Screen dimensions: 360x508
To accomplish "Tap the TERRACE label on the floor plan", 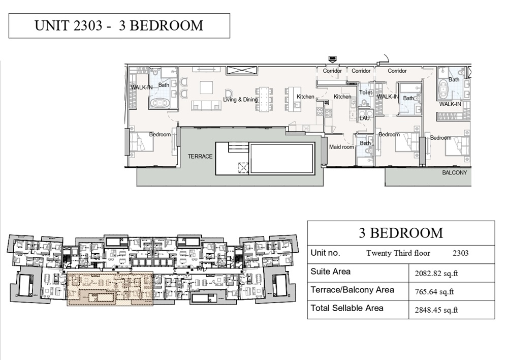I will click(200, 156).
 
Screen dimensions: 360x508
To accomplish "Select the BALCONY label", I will click(454, 172).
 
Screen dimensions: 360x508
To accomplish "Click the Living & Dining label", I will click(240, 100).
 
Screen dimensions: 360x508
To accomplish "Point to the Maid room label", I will click(341, 147).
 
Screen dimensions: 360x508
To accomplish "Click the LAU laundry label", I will click(364, 118).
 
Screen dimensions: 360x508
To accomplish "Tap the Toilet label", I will click(365, 93).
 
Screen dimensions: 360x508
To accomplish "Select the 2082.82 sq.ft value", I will click(437, 273).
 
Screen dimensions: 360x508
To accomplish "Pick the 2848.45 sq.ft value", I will click(437, 310).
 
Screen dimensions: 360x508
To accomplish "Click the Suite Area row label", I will click(330, 272).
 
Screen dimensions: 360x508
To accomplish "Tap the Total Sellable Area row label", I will click(347, 308).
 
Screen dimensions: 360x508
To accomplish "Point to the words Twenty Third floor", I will click(398, 253).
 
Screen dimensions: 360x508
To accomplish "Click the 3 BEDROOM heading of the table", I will click(400, 233).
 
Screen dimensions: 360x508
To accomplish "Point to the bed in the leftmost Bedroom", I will click(141, 142).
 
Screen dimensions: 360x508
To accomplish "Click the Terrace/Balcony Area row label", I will click(352, 290).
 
